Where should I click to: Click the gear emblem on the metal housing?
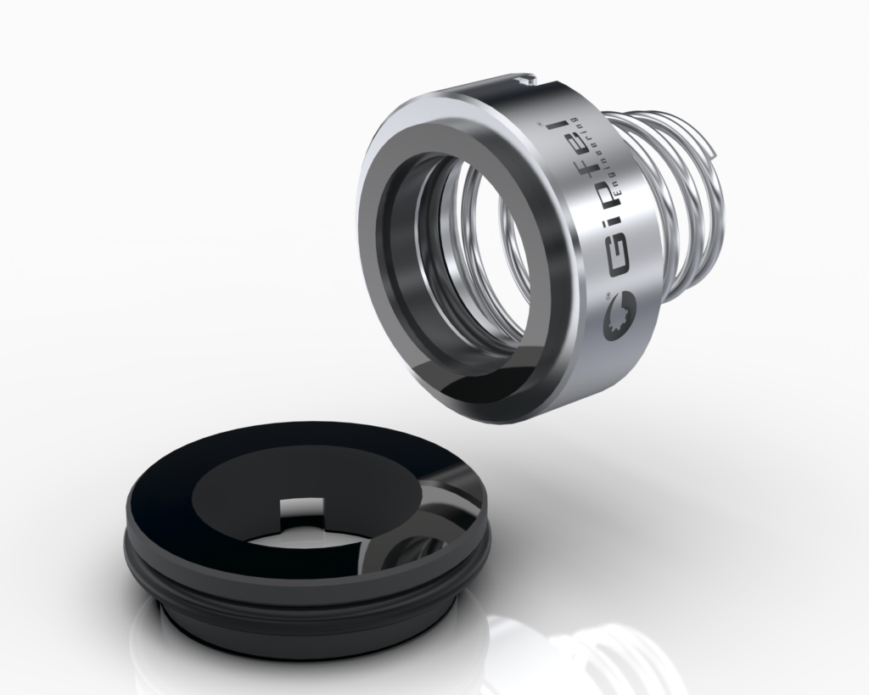click(x=620, y=319)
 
